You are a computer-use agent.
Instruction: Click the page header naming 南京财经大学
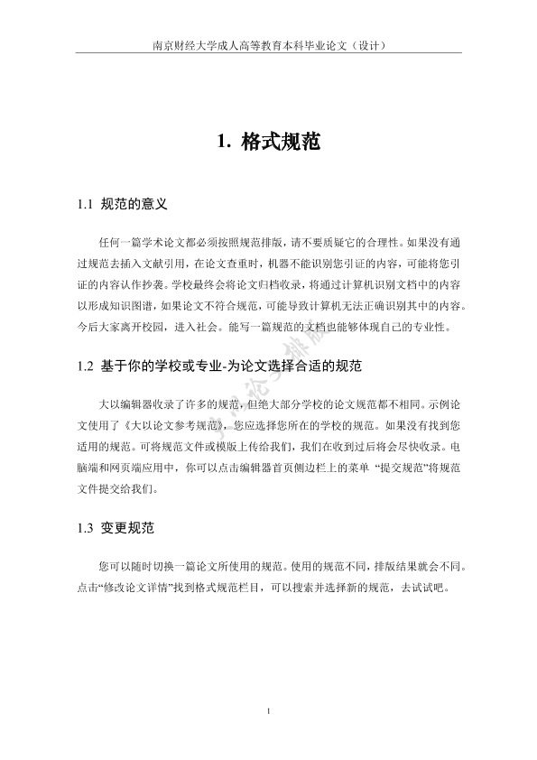[268, 45]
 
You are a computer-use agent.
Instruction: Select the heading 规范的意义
[135, 205]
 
